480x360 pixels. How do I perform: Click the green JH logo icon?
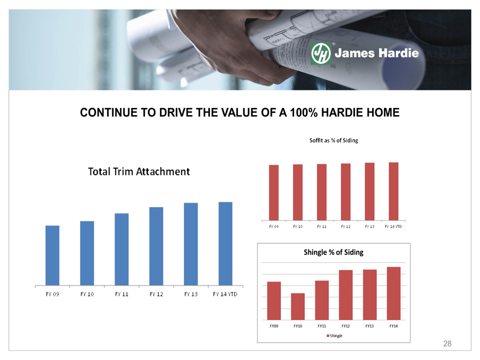click(321, 53)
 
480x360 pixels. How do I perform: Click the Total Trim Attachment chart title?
click(139, 171)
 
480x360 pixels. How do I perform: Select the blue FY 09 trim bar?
click(52, 256)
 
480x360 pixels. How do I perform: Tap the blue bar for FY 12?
click(156, 247)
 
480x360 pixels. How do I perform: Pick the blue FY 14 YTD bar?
click(225, 244)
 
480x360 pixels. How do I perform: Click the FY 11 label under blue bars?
click(122, 294)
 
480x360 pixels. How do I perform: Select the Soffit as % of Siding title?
click(334, 141)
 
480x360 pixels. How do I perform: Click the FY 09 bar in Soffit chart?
click(274, 193)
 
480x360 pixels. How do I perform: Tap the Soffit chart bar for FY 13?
click(369, 191)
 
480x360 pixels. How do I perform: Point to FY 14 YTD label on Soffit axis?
click(393, 226)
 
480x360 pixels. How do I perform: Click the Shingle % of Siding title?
click(334, 252)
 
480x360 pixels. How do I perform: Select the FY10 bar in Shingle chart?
click(298, 307)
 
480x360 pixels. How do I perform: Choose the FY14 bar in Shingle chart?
click(394, 293)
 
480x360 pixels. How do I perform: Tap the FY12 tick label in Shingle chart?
click(346, 326)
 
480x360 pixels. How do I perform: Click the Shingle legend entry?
click(334, 336)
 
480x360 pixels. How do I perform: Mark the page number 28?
click(447, 344)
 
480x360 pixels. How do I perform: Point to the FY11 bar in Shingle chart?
click(322, 301)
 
